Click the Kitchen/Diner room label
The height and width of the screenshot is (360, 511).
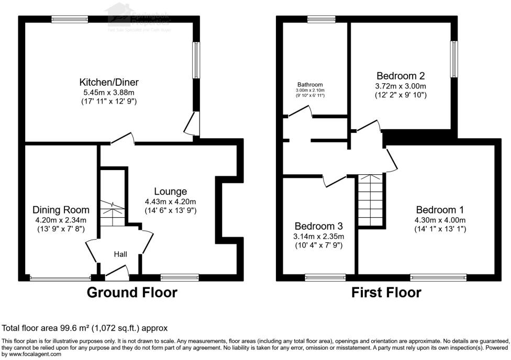pos(109,82)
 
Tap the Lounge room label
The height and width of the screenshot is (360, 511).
pos(170,192)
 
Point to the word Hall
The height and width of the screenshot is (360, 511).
pos(121,254)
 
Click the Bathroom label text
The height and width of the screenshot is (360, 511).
pos(310,84)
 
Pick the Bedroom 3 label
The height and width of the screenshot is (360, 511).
pos(318,226)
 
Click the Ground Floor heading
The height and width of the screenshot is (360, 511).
pos(132,292)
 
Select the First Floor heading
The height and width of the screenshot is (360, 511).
pos(386,292)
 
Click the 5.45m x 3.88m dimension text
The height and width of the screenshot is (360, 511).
pos(109,92)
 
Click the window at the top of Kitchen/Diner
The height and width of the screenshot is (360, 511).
pos(70,19)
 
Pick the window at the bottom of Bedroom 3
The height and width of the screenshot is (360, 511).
pos(325,277)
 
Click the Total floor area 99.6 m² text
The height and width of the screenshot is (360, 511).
pos(85,328)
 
